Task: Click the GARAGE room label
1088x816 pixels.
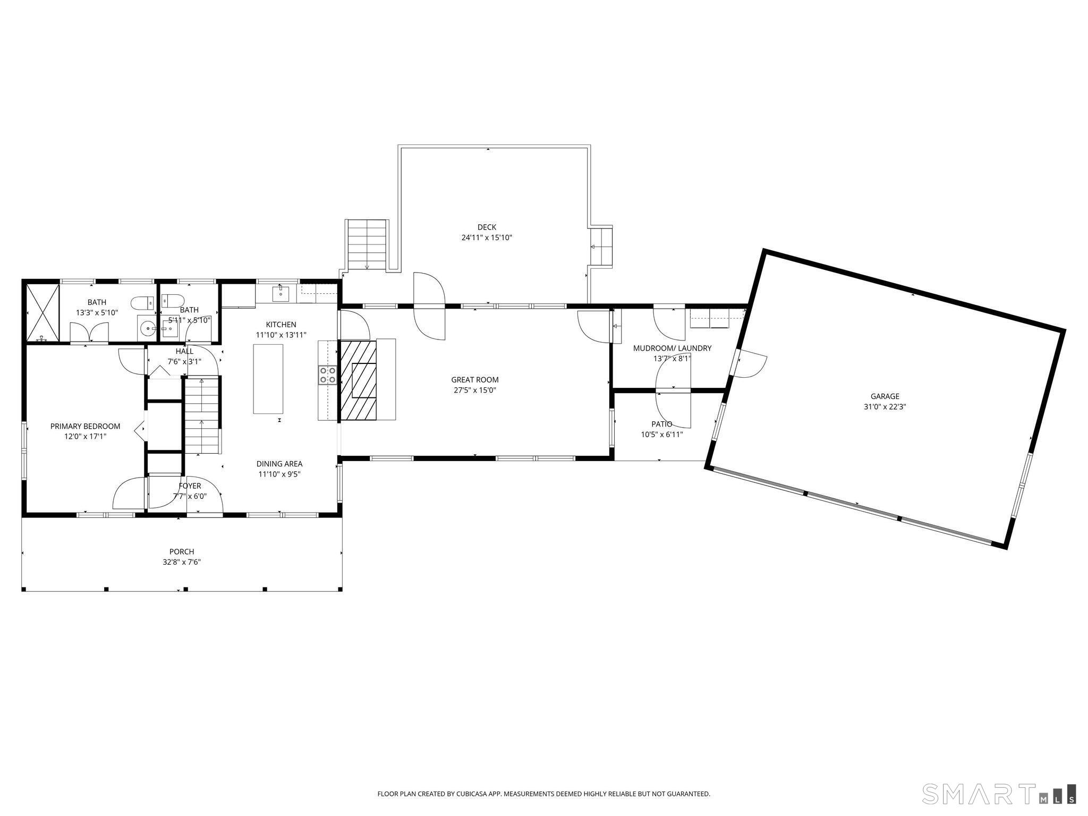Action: click(x=885, y=396)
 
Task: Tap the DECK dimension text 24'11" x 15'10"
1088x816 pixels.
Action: click(x=486, y=238)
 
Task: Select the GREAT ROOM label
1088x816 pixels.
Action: click(x=474, y=380)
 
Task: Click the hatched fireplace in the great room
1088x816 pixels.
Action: click(x=359, y=380)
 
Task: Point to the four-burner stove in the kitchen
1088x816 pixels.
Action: click(x=327, y=375)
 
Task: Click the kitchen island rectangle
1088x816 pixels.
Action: click(x=268, y=379)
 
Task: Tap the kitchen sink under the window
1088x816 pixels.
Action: click(x=280, y=293)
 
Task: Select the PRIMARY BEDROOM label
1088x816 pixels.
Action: click(x=85, y=426)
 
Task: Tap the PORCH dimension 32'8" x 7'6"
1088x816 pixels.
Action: click(x=182, y=562)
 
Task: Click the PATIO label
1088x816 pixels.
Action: click(x=661, y=424)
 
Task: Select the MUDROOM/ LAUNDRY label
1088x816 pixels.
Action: click(x=672, y=348)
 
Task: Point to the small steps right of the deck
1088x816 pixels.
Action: click(x=601, y=246)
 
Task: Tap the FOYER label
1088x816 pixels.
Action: click(x=190, y=486)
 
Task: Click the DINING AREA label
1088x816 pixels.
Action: click(x=279, y=464)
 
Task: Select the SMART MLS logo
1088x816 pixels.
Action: click(x=999, y=793)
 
